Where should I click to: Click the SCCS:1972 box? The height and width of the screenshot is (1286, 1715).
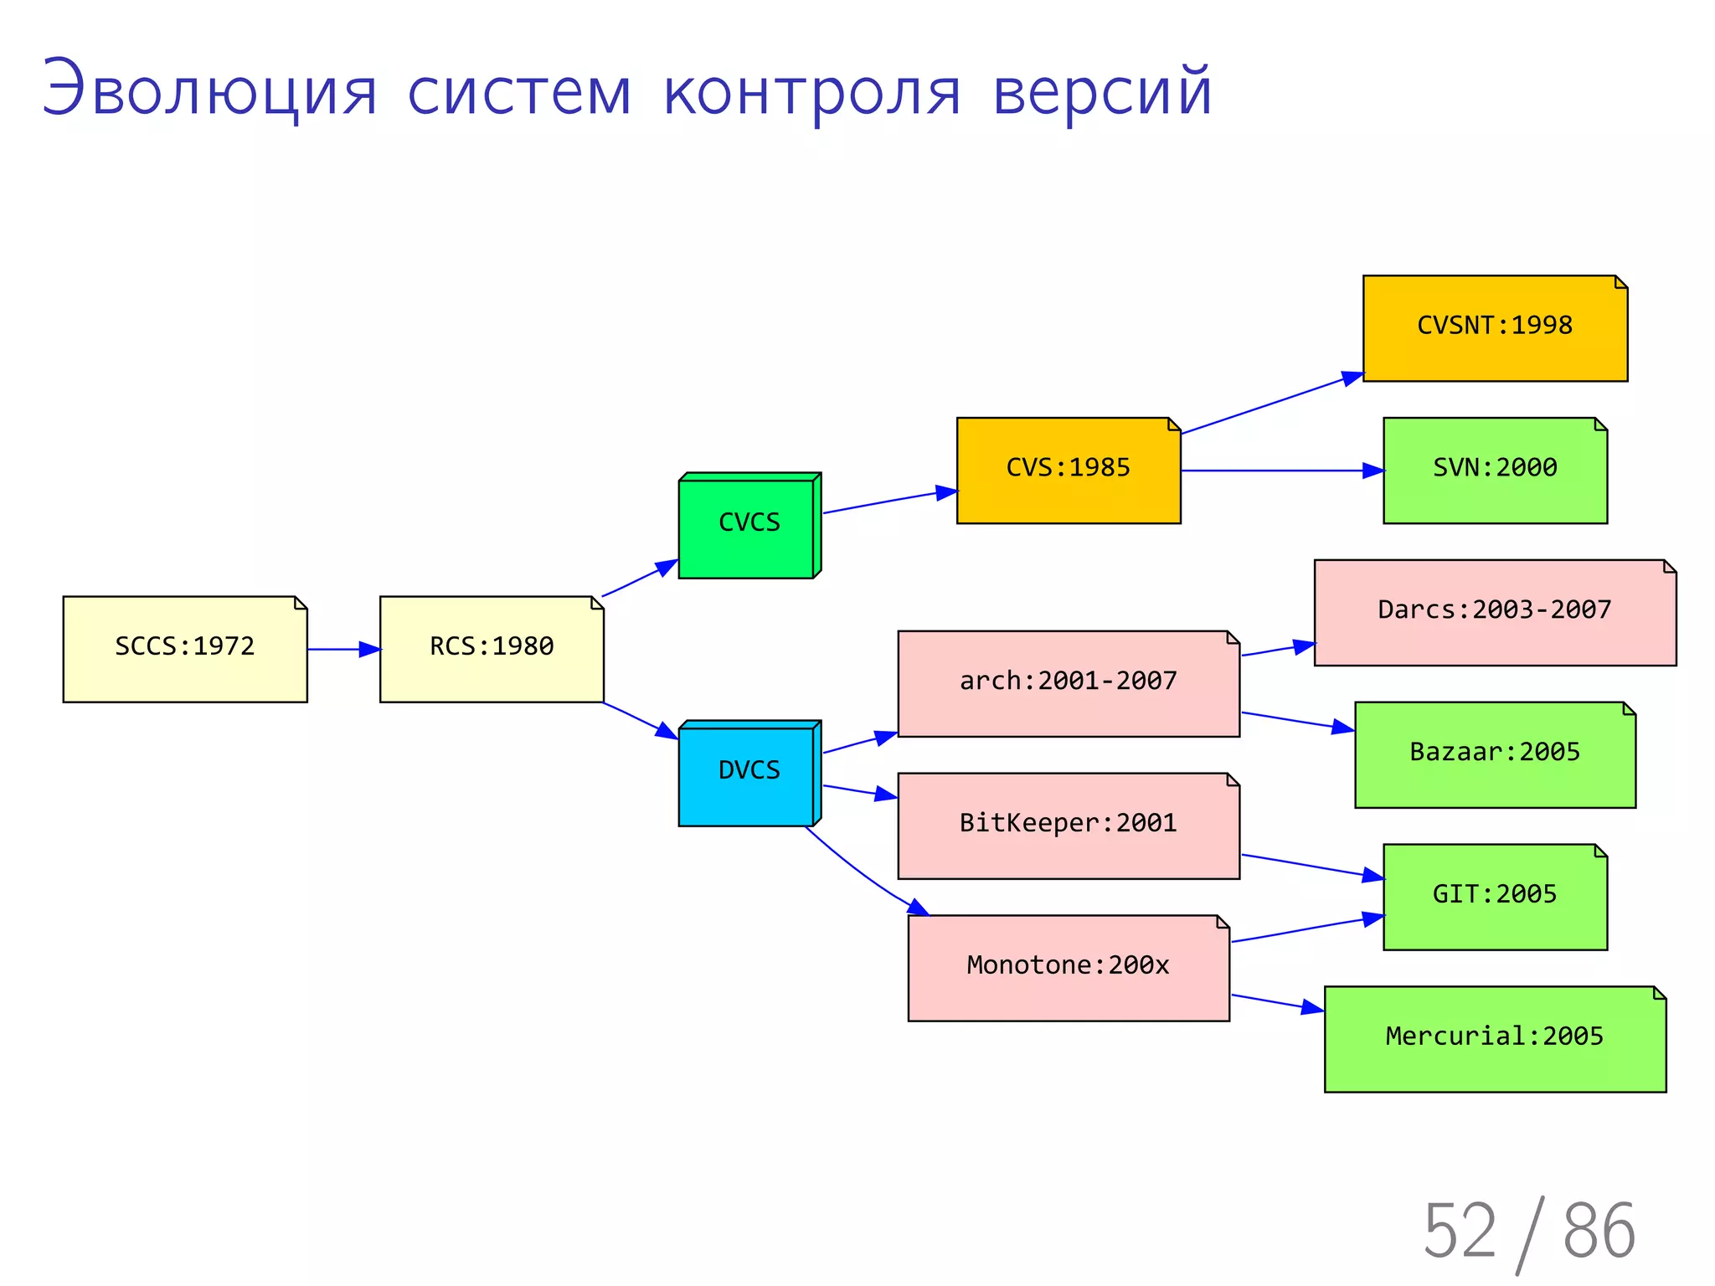click(185, 649)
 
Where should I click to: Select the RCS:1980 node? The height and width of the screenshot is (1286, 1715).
click(492, 649)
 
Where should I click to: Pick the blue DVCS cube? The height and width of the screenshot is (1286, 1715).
click(748, 774)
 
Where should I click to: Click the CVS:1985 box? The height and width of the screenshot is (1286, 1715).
click(1069, 471)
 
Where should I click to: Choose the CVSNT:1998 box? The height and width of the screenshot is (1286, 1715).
click(1495, 328)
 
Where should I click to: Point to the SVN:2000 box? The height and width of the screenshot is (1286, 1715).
click(1495, 471)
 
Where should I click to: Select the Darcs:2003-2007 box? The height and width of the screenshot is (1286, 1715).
click(1495, 613)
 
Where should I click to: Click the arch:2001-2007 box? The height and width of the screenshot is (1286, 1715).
click(1069, 684)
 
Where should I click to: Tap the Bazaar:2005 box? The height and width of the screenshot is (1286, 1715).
click(1495, 755)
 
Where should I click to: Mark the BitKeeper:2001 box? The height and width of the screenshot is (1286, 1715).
click(1069, 826)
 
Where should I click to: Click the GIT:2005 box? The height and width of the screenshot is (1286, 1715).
click(1495, 897)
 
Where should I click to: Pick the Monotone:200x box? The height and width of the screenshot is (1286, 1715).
click(1069, 968)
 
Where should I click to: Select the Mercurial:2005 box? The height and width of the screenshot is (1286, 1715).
click(1495, 1039)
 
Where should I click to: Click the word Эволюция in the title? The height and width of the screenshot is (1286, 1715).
click(209, 90)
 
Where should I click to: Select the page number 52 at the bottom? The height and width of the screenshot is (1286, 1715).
click(1459, 1231)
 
